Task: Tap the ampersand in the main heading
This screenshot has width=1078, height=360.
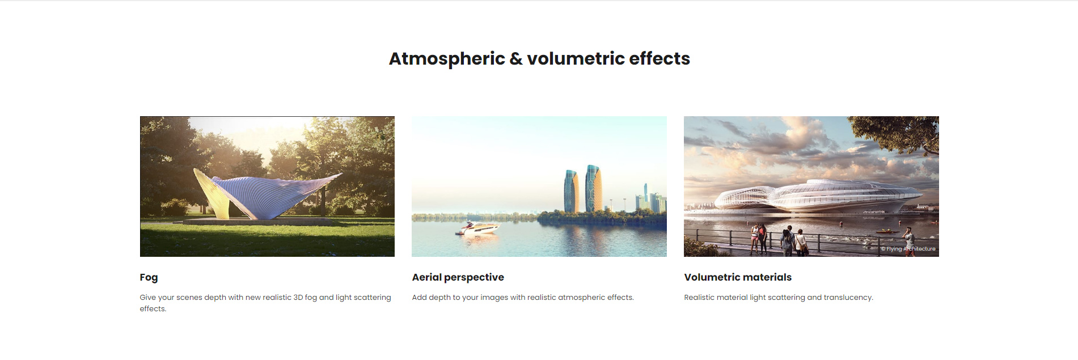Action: pyautogui.click(x=516, y=59)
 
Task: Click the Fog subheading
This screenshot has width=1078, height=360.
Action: pyautogui.click(x=149, y=278)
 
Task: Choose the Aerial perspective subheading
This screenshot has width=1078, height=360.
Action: pyautogui.click(x=458, y=277)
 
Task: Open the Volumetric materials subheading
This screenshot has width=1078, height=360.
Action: pyautogui.click(x=738, y=277)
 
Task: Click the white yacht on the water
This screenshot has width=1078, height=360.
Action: pyautogui.click(x=478, y=228)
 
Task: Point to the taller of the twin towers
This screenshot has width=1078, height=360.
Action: pyautogui.click(x=594, y=188)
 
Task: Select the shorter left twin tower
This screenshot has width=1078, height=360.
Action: pyautogui.click(x=571, y=191)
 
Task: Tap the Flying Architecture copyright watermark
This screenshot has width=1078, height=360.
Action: pyautogui.click(x=908, y=249)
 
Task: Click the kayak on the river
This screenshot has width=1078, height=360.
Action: pyautogui.click(x=887, y=231)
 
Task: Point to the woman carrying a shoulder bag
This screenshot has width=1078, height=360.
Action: pyautogui.click(x=801, y=243)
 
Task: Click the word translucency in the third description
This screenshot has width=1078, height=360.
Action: pyautogui.click(x=848, y=298)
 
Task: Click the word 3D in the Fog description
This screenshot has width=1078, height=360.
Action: pyautogui.click(x=298, y=298)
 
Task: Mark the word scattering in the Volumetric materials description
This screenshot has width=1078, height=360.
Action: pyautogui.click(x=785, y=298)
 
